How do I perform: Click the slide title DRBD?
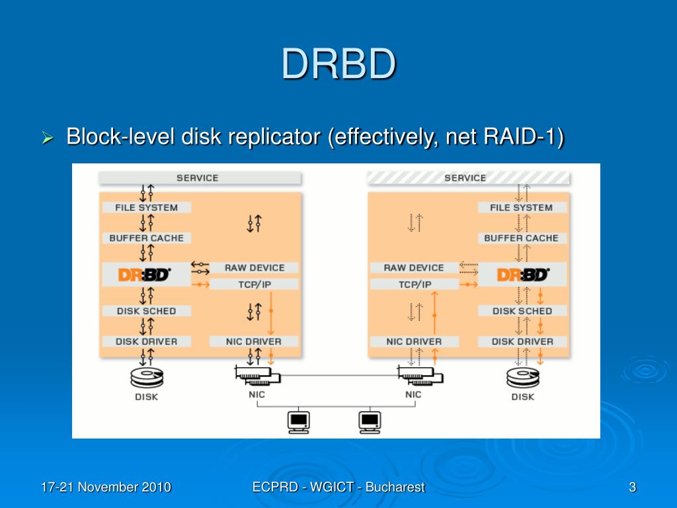click(x=339, y=64)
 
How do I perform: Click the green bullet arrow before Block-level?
click(x=48, y=138)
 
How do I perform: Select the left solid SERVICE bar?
click(x=200, y=178)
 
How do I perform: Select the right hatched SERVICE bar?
click(x=468, y=178)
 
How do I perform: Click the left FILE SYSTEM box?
click(x=146, y=207)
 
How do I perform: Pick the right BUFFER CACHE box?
click(x=522, y=238)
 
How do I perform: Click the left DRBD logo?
click(x=144, y=275)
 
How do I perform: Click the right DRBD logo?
click(x=523, y=275)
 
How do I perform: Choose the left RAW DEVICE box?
click(x=254, y=268)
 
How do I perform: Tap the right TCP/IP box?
click(x=414, y=284)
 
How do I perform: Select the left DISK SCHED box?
click(x=146, y=311)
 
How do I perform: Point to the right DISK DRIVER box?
click(x=522, y=341)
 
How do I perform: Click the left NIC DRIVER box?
click(x=254, y=341)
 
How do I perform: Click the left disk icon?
click(x=147, y=378)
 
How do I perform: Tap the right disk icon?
click(x=523, y=378)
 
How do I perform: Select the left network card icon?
click(x=257, y=376)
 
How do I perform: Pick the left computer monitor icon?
click(x=298, y=421)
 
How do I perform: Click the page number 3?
click(x=633, y=487)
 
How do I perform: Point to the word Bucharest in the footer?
click(x=395, y=487)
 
